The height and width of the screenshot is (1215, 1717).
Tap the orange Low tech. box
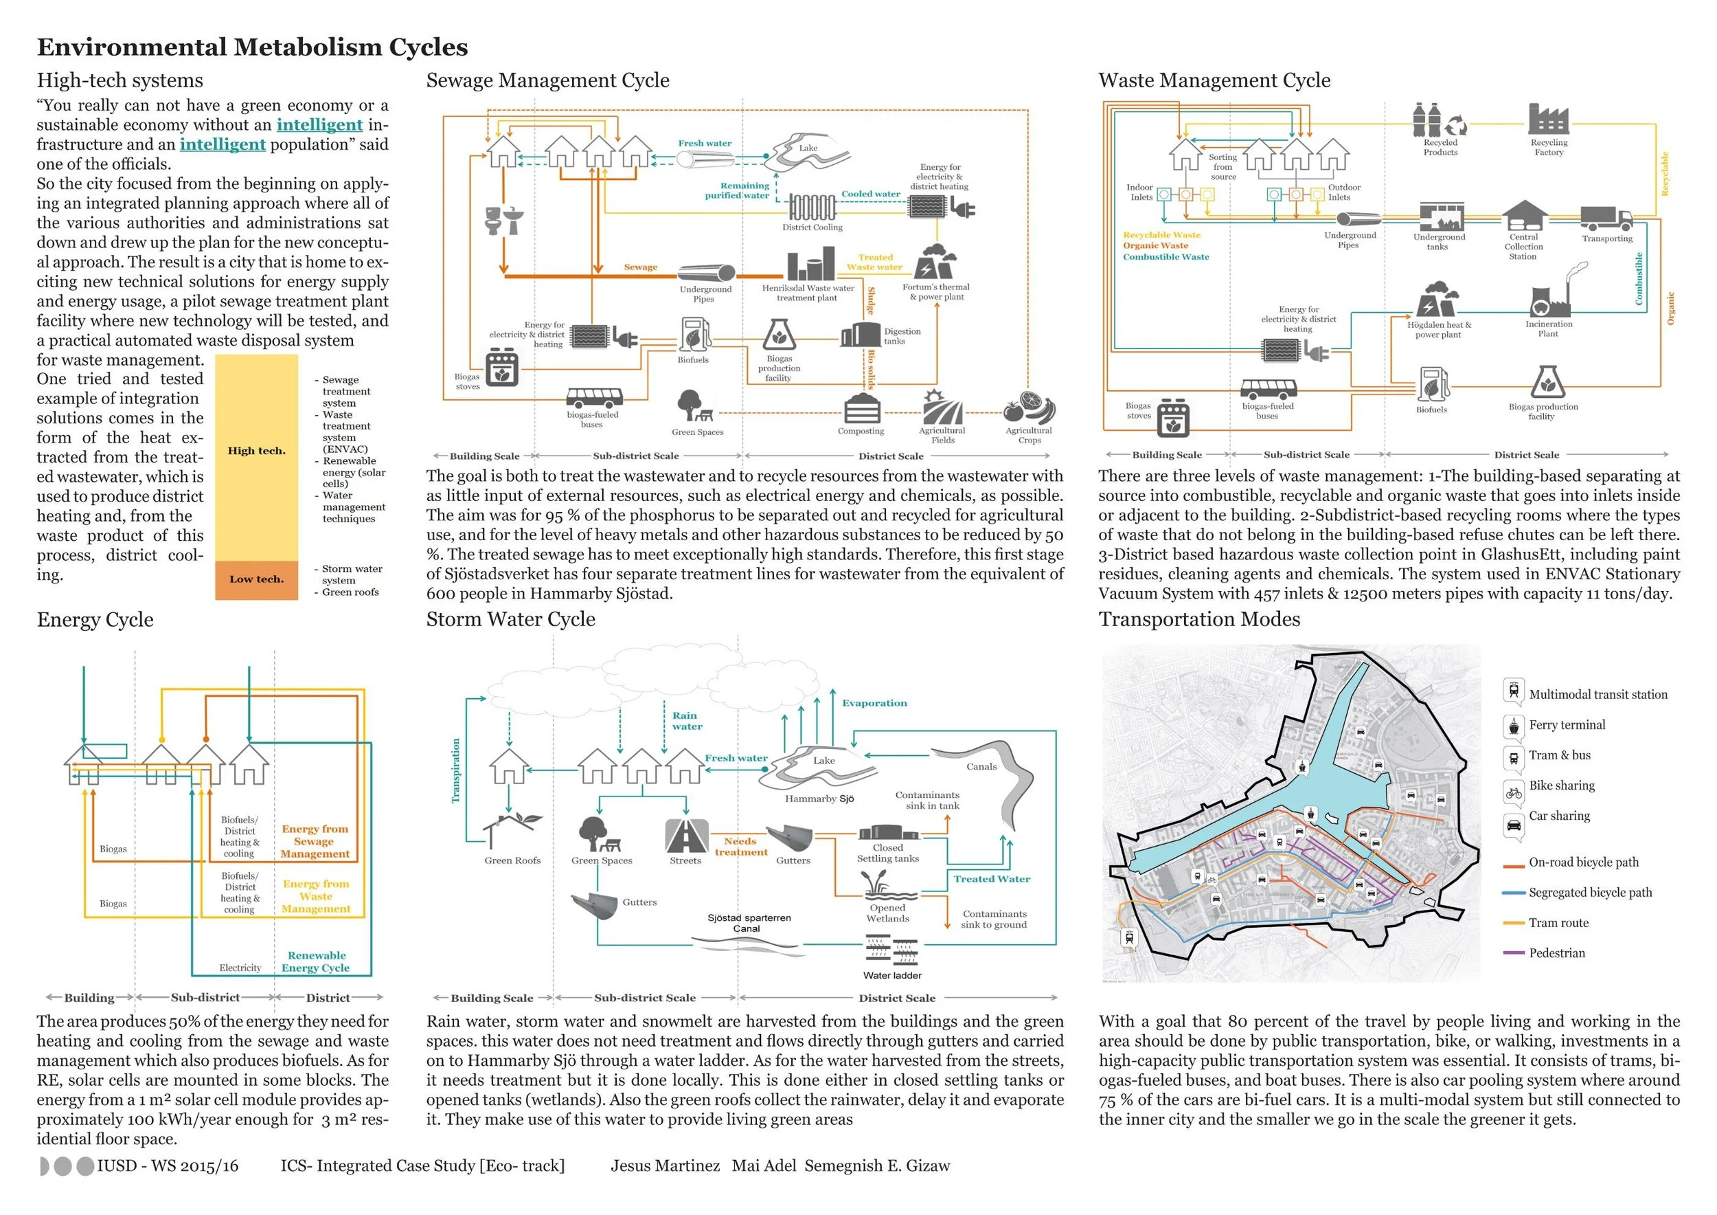(x=256, y=580)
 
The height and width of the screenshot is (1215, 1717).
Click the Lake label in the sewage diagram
(x=808, y=148)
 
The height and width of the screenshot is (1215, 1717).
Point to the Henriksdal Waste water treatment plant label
(x=808, y=293)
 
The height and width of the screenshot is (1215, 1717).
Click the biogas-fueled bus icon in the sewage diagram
(x=595, y=397)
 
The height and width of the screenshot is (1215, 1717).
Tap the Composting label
(x=861, y=431)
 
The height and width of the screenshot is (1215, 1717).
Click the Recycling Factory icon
(x=1548, y=120)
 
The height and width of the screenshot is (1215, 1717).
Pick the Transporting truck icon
(x=1606, y=218)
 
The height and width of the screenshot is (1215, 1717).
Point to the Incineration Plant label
(x=1549, y=328)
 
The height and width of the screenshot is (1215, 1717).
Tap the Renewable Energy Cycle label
(x=317, y=961)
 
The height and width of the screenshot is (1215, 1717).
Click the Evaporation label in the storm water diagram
(x=874, y=703)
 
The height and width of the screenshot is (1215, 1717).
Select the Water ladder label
(x=892, y=976)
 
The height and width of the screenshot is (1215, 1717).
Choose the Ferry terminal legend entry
(x=1567, y=725)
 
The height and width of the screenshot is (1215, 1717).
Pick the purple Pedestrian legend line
(x=1514, y=953)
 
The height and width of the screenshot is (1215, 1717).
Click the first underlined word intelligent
(x=319, y=125)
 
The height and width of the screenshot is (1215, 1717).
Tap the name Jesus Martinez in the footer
(x=665, y=1166)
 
